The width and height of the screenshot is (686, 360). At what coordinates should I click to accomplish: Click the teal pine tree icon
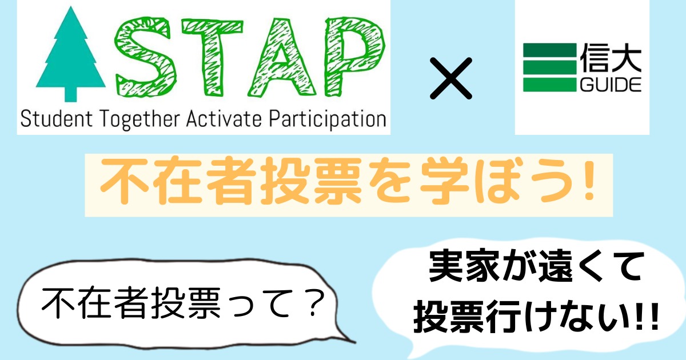71,54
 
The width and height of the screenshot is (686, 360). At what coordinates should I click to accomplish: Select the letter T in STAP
212,57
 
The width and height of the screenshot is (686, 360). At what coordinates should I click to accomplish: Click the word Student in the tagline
57,119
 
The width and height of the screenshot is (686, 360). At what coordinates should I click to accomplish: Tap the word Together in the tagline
139,119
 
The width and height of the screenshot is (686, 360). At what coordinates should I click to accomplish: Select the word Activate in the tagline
224,119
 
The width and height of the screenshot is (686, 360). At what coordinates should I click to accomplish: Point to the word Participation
328,119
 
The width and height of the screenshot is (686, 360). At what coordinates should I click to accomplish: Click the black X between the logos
451,78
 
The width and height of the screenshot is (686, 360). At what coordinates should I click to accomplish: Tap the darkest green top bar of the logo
550,50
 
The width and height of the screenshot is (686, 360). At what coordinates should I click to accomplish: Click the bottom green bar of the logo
550,85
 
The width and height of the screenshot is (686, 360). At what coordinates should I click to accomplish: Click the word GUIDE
611,85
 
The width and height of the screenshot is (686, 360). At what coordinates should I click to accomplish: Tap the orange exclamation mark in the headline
588,181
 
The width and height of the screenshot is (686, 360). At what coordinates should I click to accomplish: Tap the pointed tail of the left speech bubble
355,342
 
